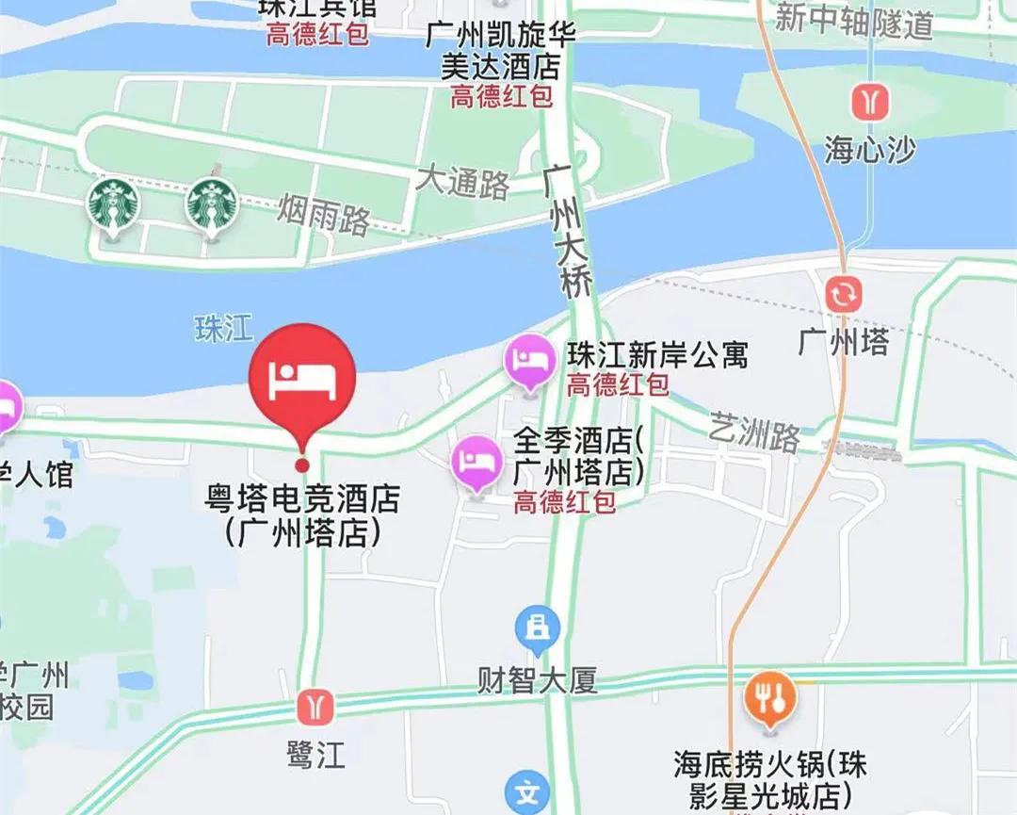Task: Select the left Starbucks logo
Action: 113,204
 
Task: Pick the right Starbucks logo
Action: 211,204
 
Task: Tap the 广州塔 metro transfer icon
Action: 843,294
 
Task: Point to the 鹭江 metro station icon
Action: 315,706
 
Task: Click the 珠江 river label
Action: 224,328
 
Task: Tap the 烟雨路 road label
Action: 323,215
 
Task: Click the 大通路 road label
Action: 462,182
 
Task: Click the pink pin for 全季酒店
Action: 476,462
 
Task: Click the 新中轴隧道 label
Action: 853,21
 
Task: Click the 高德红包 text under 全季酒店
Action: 565,501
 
